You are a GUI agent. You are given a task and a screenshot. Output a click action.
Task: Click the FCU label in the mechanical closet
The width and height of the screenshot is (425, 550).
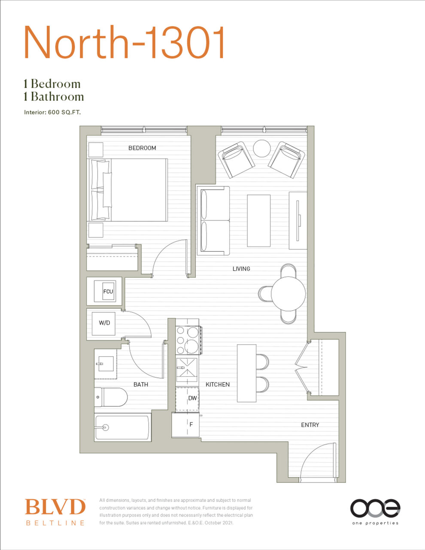[108, 291]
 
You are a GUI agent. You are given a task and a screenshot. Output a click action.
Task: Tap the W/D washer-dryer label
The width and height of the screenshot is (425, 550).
[104, 323]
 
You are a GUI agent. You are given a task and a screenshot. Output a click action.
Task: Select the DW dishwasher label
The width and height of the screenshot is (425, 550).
[192, 398]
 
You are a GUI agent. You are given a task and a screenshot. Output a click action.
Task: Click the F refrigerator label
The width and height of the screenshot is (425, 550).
[191, 425]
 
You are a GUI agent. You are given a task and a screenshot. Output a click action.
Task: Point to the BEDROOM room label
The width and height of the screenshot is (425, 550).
[142, 148]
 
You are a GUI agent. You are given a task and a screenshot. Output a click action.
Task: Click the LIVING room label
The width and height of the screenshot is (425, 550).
[241, 269]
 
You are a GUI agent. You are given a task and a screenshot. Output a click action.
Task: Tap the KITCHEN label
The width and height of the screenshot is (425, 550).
[218, 385]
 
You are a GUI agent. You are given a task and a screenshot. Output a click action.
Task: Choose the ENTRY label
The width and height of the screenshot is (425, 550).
[310, 425]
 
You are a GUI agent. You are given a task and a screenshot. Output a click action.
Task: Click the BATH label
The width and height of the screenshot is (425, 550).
[140, 385]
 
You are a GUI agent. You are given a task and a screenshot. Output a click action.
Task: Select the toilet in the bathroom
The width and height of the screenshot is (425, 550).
[111, 397]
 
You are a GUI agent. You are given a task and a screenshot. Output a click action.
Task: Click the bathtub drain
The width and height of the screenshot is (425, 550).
[105, 428]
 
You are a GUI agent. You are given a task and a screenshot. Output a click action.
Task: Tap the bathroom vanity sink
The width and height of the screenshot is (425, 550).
[106, 364]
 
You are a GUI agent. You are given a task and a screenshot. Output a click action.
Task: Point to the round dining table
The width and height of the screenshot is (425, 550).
[288, 293]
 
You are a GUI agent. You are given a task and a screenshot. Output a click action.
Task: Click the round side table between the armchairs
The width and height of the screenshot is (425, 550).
[262, 148]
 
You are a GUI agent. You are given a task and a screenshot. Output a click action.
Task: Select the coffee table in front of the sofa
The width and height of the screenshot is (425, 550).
[258, 220]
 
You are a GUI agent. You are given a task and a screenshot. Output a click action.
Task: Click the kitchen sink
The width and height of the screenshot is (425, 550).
[187, 370]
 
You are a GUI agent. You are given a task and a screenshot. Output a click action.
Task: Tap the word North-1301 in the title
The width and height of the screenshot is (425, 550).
[124, 42]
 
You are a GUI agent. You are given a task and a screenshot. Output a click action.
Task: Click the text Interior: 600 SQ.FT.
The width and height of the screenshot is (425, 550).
[52, 113]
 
